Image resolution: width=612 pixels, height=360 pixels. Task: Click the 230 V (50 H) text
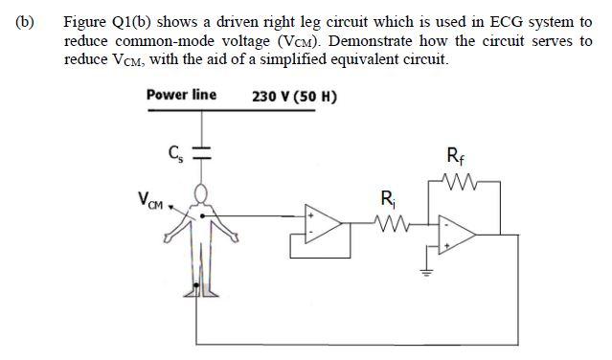pos(294,96)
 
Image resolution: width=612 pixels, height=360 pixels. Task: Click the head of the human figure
pos(200,194)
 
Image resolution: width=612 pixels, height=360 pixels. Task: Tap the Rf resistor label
pos(458,154)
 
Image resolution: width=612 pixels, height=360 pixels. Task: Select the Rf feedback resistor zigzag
pos(459,180)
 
